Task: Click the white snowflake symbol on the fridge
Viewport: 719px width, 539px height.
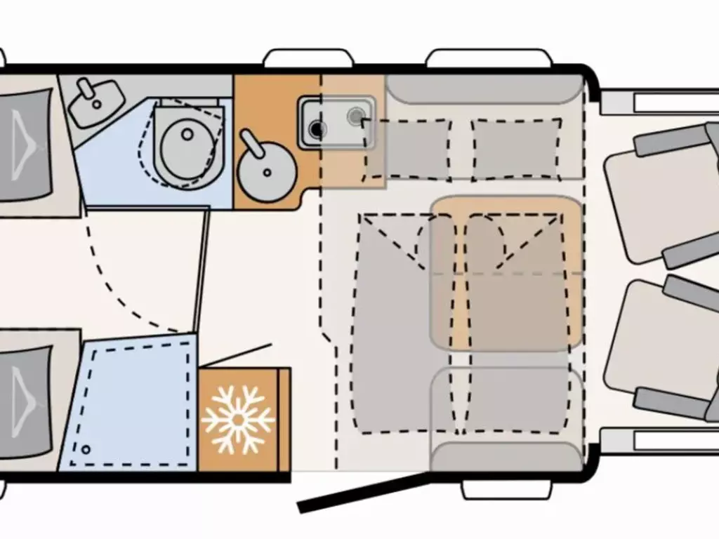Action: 238,419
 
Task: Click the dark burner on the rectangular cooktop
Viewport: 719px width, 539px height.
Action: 317,129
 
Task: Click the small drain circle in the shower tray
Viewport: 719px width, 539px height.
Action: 86,448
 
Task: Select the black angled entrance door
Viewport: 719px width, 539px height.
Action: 363,493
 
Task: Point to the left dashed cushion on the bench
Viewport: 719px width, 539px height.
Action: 407,149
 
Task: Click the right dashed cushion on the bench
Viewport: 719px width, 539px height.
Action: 517,149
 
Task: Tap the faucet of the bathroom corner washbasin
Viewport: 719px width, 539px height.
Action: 87,88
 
